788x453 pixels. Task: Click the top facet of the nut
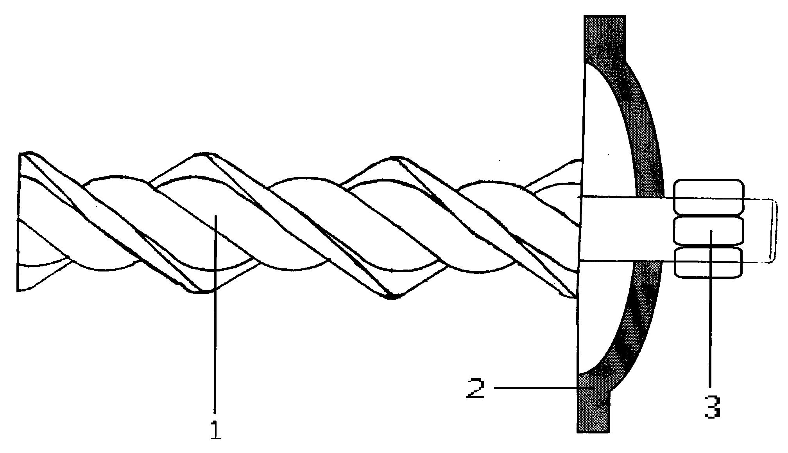tap(708, 197)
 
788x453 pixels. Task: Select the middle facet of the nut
tap(708, 230)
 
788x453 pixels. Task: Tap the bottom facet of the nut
tap(708, 262)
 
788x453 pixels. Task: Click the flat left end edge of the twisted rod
tap(19, 222)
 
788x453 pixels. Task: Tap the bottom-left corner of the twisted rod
tap(18, 290)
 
